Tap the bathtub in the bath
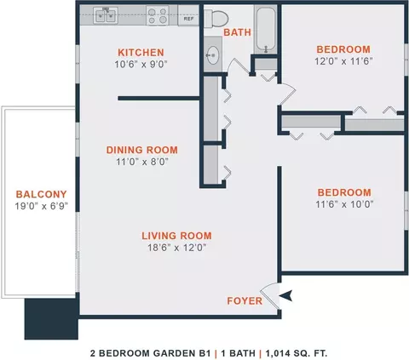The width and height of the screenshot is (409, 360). click(x=266, y=30)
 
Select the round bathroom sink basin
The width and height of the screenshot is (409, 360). click(x=212, y=54)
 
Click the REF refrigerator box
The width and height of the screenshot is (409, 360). click(x=188, y=16)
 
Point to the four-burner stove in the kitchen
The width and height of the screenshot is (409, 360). click(x=158, y=15)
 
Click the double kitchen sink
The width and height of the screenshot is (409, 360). click(x=106, y=15)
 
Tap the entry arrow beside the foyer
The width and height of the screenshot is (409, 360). click(x=285, y=295)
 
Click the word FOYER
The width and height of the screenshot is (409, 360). click(x=245, y=301)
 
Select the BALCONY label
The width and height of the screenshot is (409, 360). click(x=42, y=194)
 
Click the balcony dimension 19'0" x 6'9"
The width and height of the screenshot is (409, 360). click(x=42, y=206)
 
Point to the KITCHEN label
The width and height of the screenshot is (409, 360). click(x=141, y=53)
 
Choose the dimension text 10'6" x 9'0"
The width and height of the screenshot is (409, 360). click(x=141, y=65)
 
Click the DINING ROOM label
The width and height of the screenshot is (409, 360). click(x=142, y=150)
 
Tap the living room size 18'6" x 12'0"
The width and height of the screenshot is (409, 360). click(x=176, y=248)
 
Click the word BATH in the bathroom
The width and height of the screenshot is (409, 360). click(x=238, y=32)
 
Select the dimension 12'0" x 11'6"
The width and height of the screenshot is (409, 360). click(x=343, y=61)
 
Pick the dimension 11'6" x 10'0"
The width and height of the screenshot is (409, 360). click(x=344, y=204)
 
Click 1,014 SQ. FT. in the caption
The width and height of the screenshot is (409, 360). click(x=297, y=353)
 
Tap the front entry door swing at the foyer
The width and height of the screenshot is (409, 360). click(x=270, y=295)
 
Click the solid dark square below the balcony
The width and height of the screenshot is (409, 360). click(x=51, y=319)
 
